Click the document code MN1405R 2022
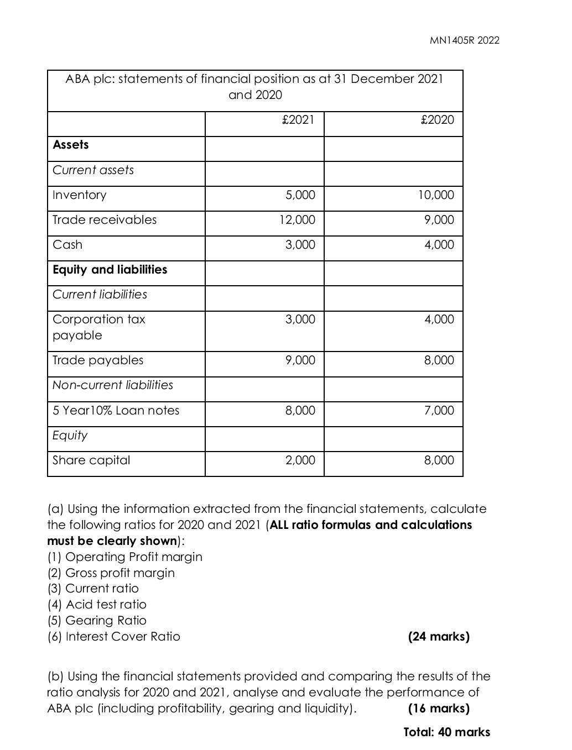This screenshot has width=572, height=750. [x=464, y=40]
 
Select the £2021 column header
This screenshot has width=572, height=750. [x=298, y=120]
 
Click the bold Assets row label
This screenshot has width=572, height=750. [x=71, y=145]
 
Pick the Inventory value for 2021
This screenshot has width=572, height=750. [x=300, y=195]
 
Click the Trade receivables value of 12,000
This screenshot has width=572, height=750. [x=297, y=220]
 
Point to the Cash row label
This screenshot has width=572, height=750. [x=67, y=245]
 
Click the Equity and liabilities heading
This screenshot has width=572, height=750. [x=110, y=270]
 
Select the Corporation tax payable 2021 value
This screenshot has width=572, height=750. [x=300, y=319]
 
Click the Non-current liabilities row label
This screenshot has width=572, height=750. [x=113, y=385]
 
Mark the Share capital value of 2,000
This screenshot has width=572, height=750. [x=300, y=460]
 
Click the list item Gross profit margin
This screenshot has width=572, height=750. [x=111, y=573]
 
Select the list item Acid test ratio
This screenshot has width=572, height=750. [x=97, y=605]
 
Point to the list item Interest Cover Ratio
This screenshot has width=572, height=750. [x=114, y=637]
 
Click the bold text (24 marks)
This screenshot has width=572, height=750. [x=438, y=637]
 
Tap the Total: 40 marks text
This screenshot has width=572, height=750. [x=446, y=732]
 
